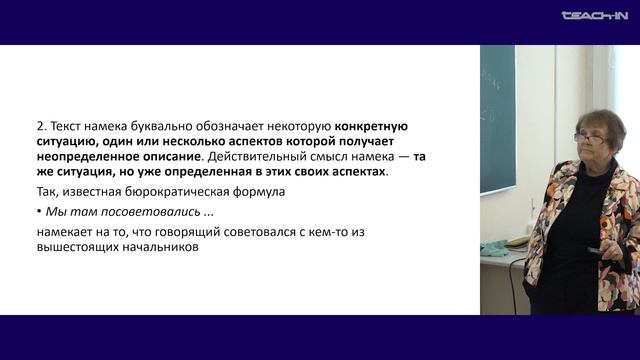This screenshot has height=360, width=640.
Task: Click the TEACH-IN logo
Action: coord(593,16)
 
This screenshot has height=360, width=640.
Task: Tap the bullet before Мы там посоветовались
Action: coord(38,212)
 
